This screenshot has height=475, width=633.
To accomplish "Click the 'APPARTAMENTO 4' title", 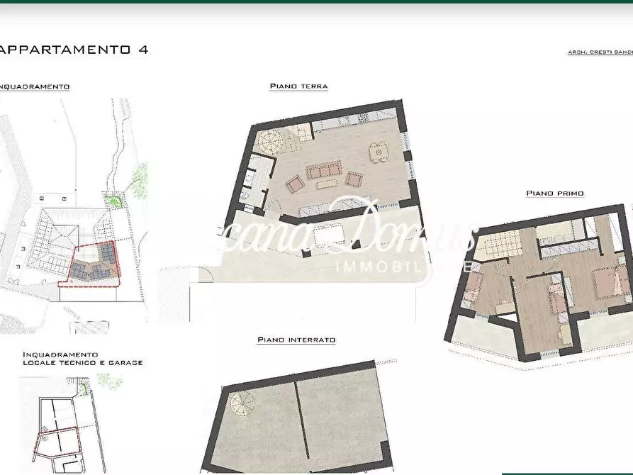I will click(74, 50).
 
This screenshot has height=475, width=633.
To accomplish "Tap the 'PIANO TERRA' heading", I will click(298, 86).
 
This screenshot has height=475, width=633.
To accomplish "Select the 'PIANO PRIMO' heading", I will click(555, 193).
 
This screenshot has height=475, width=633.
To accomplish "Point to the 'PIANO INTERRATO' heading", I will click(296, 340).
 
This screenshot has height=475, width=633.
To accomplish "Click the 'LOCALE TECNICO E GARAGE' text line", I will click(83, 362).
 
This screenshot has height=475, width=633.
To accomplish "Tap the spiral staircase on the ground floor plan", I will click(269, 140).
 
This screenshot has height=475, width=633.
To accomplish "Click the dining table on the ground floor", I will click(379, 151).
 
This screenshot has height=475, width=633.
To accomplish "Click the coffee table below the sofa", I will click(327, 184).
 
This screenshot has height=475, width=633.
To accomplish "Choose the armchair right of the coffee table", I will click(354, 178).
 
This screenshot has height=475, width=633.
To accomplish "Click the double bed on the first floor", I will click(594, 284).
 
